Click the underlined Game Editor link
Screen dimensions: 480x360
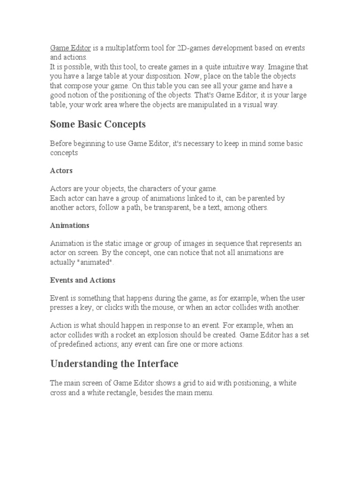coord(70,48)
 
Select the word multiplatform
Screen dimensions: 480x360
coord(124,48)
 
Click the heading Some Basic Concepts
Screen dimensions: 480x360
coord(98,124)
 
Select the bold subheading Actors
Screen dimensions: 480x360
coord(61,170)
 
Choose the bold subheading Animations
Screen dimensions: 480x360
coord(69,225)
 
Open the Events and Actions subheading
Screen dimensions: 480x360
coord(82,280)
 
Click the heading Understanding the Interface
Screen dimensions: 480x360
coord(114,364)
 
